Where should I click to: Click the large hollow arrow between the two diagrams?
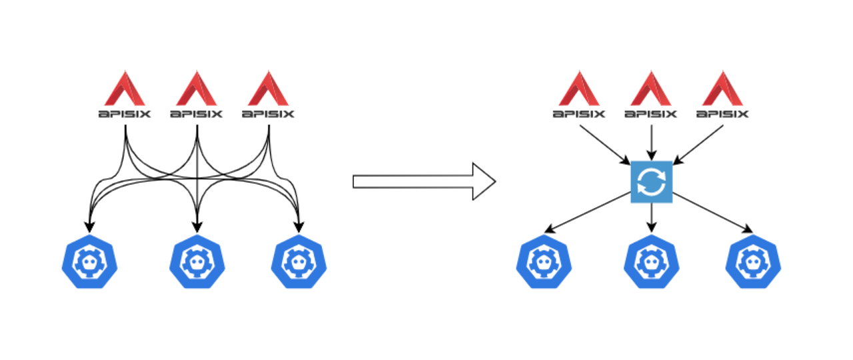(425, 182)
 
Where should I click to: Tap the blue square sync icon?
(652, 182)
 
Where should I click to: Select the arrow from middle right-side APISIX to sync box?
(652, 143)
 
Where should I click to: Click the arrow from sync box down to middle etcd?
(652, 217)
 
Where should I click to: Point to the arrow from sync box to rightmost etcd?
(712, 213)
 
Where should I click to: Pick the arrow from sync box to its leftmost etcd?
(588, 213)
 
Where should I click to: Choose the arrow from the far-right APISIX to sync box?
(698, 145)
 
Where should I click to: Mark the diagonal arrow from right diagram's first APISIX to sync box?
(605, 145)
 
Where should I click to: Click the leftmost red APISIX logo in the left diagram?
(125, 94)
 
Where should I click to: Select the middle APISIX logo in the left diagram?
(197, 94)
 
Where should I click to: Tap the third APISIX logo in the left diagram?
(268, 94)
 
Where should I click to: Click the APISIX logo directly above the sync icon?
(651, 94)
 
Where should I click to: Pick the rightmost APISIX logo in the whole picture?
(722, 94)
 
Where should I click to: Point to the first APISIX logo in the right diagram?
(579, 94)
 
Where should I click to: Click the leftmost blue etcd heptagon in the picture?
(89, 262)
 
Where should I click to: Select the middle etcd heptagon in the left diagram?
(197, 262)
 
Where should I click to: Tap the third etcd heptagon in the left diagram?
(299, 262)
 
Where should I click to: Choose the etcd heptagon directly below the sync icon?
(652, 262)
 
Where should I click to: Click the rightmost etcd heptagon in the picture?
(753, 262)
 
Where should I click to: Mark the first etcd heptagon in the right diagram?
(544, 262)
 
